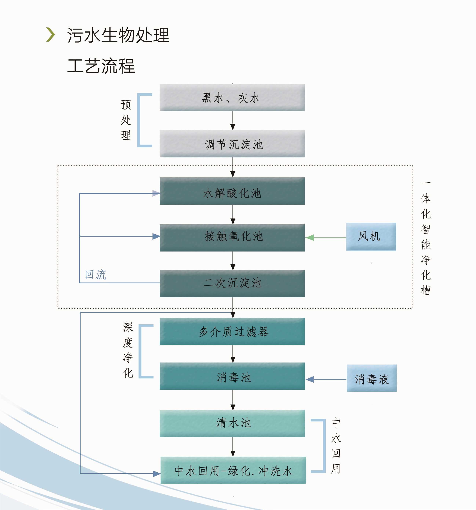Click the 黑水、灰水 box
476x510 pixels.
(x=232, y=97)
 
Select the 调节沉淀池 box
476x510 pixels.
(x=232, y=144)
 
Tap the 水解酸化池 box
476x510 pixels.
(x=232, y=191)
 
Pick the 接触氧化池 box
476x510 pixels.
(x=232, y=238)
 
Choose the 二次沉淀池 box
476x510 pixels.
(x=232, y=283)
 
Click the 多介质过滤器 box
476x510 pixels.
(x=232, y=331)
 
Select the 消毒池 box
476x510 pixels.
(x=232, y=376)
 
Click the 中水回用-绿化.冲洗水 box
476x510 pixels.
(x=233, y=470)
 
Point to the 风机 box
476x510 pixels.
(x=371, y=236)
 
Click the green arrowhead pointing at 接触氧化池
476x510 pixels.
(x=310, y=238)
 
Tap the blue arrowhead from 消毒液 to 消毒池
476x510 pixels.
(x=310, y=379)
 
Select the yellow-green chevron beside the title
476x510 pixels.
(x=50, y=35)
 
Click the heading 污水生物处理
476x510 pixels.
(x=118, y=35)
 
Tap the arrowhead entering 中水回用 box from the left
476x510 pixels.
(x=157, y=473)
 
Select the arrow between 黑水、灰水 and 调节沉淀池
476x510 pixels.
(x=233, y=121)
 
